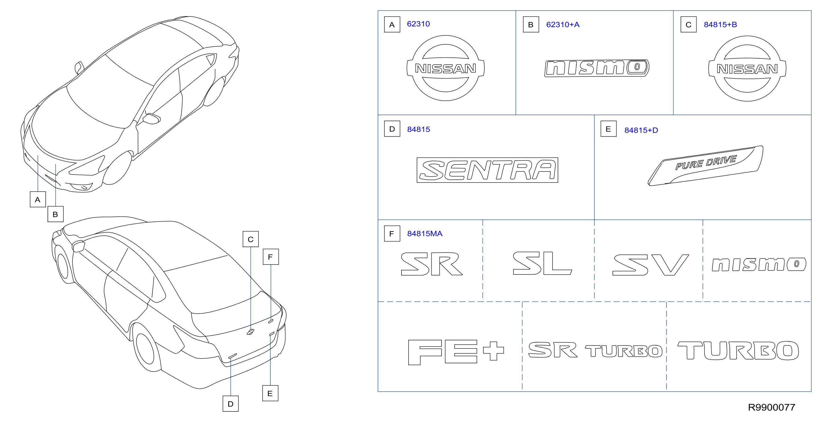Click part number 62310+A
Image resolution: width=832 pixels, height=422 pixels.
click(563, 24)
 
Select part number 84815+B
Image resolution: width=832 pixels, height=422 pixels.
click(720, 24)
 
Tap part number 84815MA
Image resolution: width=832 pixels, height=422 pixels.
click(425, 233)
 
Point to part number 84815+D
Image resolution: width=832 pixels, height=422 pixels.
click(641, 130)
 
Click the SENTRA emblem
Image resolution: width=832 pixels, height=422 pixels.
click(487, 170)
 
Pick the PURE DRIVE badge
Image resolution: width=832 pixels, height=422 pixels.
click(706, 166)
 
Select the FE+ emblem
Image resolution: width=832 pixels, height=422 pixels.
click(456, 352)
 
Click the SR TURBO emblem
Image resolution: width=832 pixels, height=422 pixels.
click(595, 350)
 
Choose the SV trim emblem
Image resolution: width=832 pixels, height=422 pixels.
click(650, 265)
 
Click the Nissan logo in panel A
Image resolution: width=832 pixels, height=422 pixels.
click(446, 68)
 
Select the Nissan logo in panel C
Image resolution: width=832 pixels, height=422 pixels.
click(747, 69)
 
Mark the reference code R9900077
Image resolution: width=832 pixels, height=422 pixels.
click(772, 407)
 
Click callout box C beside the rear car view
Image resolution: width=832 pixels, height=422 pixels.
click(251, 239)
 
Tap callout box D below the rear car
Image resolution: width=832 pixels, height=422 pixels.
click(230, 404)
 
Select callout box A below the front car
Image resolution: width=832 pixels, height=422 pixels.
click(38, 199)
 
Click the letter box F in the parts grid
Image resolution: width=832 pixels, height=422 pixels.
click(392, 233)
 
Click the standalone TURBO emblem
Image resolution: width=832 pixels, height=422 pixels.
click(738, 350)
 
